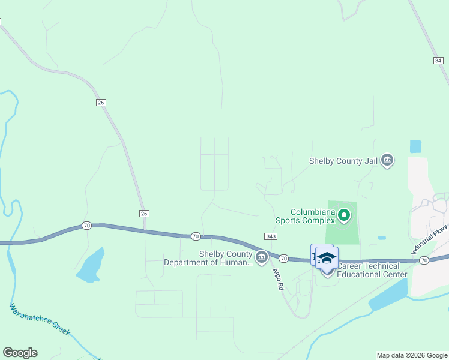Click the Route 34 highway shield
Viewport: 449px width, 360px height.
click(438, 61)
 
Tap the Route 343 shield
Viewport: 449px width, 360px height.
click(270, 237)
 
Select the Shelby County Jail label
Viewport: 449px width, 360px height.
click(344, 161)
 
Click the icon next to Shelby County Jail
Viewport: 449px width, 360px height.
click(387, 160)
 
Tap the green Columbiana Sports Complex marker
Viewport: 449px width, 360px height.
click(343, 214)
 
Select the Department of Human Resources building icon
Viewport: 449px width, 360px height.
click(261, 258)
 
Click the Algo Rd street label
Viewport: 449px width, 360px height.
click(277, 278)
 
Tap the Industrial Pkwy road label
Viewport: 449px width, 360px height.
click(430, 240)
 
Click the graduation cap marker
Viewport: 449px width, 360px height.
click(327, 258)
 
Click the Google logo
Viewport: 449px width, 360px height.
click(20, 353)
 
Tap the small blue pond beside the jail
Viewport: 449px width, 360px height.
click(415, 146)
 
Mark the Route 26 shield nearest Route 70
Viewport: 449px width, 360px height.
click(144, 214)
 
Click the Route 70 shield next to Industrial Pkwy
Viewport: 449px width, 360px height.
click(424, 260)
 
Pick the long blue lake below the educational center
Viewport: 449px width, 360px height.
click(387, 296)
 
